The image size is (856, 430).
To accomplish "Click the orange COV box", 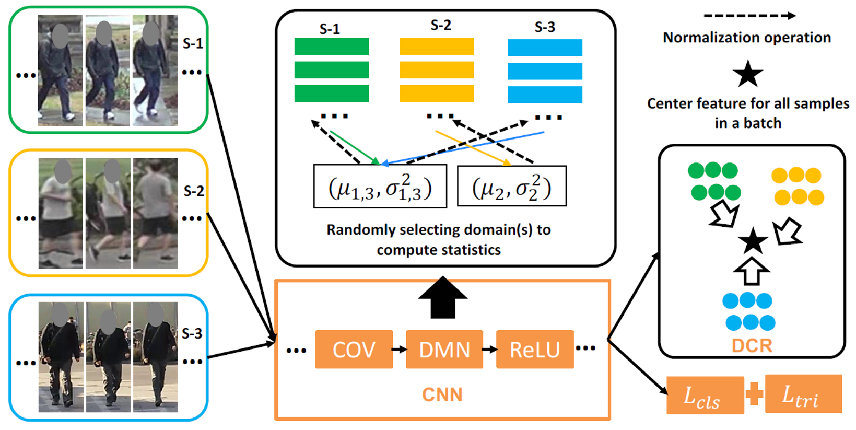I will [354, 350].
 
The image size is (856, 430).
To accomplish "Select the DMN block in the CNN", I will [444, 350].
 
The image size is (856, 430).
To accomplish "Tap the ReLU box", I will [535, 350].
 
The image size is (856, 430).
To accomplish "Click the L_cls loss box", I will [705, 396].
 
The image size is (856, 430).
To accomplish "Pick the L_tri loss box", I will [803, 394].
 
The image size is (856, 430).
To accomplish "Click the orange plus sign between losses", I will [754, 394].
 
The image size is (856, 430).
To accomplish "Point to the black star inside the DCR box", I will [753, 241].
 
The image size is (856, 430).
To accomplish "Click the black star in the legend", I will [748, 74].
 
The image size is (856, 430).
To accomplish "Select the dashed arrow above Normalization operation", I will [749, 16].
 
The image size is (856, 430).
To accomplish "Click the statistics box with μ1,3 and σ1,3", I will [380, 187].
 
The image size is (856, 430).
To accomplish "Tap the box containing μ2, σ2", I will [511, 187].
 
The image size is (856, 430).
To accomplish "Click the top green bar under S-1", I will [332, 47].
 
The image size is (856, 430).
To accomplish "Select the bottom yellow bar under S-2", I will [437, 94].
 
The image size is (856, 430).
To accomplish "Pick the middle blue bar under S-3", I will [545, 71].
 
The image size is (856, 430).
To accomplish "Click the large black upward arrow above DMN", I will [443, 298].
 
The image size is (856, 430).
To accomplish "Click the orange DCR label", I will [752, 345].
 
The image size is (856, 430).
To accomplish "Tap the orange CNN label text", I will [442, 394].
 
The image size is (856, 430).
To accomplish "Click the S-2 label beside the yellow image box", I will [193, 191].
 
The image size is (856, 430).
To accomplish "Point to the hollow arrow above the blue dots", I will [752, 271].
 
